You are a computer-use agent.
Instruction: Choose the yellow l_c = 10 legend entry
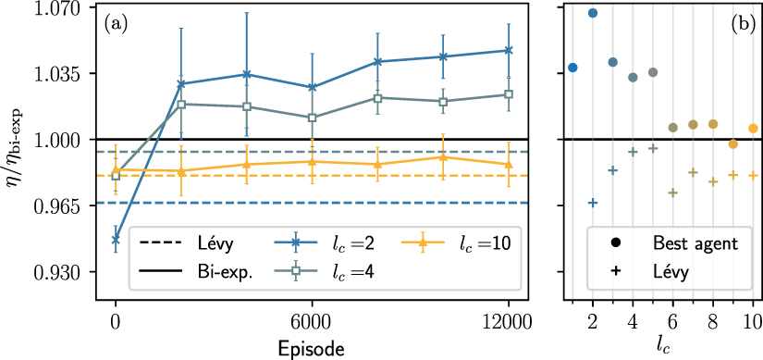pos(459,242)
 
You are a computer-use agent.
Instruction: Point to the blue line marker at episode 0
pos(116,240)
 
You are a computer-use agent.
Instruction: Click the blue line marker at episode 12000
pos(509,50)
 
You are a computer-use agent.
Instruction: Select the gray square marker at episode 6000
pos(313,118)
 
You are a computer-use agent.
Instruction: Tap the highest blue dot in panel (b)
pos(593,13)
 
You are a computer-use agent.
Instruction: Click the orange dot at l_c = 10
pos(753,129)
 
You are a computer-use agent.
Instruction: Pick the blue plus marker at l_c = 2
pos(593,203)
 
